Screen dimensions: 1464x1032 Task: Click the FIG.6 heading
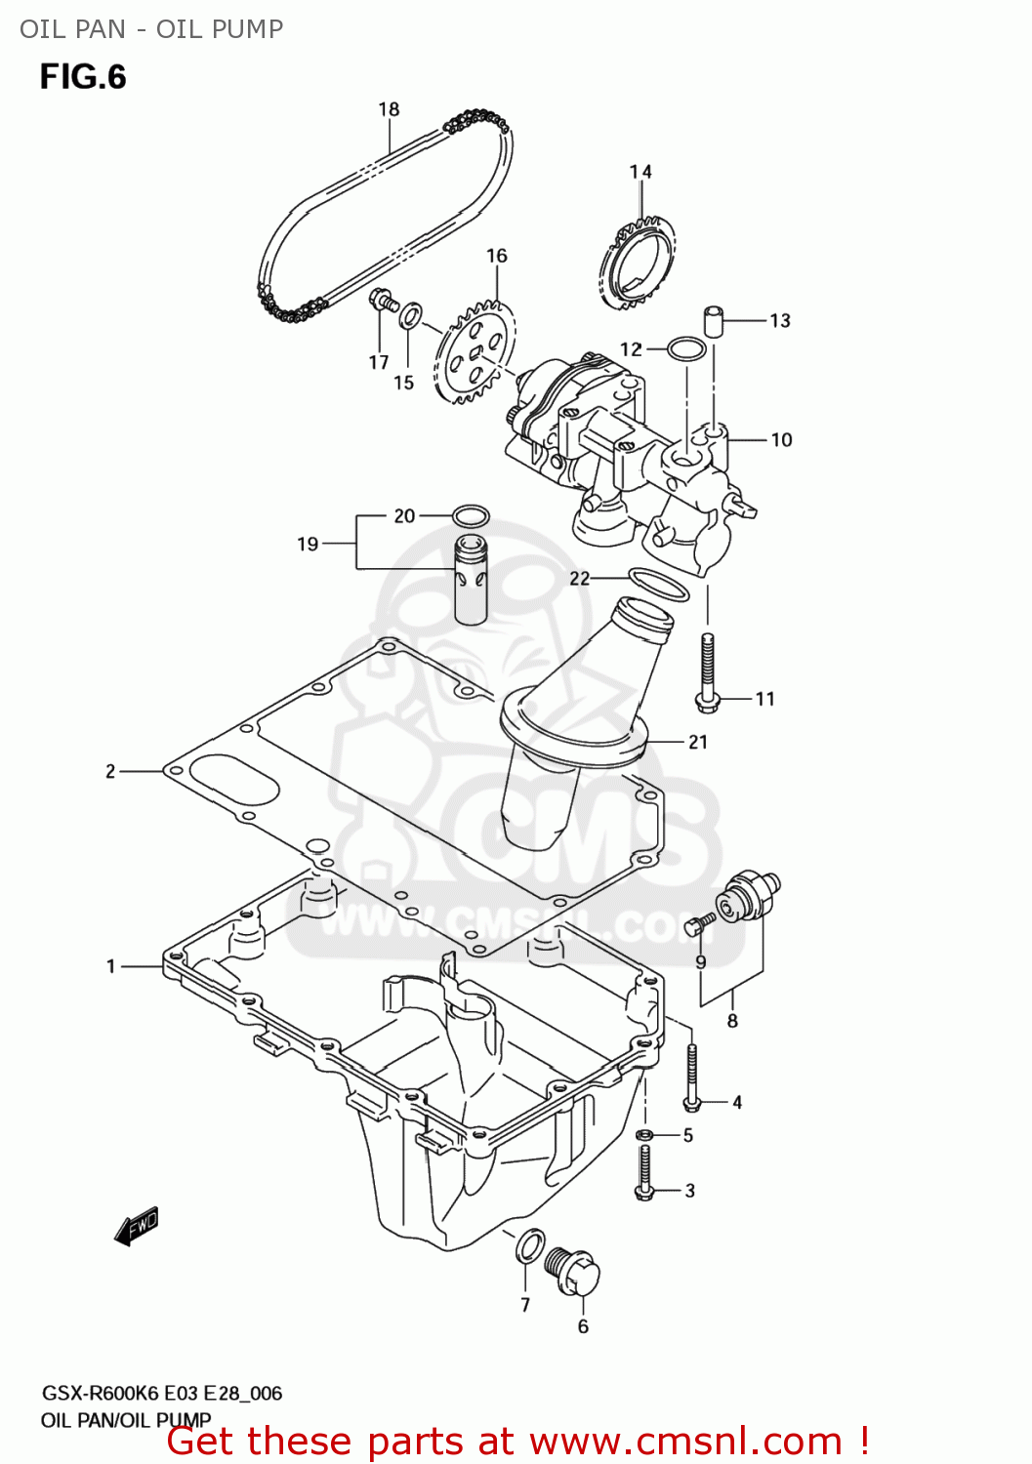(x=83, y=77)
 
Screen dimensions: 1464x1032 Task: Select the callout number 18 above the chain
(x=389, y=109)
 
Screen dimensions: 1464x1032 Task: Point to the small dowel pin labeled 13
(x=715, y=320)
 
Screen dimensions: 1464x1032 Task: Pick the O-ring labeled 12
(x=686, y=348)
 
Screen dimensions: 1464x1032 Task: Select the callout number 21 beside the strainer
(x=697, y=742)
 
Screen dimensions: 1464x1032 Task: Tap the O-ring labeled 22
(x=658, y=583)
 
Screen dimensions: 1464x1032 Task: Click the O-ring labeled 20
(x=471, y=515)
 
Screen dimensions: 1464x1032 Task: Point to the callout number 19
(x=308, y=544)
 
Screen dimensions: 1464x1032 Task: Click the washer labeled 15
(x=412, y=314)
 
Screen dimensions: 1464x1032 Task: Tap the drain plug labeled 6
(x=574, y=1272)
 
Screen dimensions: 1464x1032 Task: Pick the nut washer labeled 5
(x=644, y=1134)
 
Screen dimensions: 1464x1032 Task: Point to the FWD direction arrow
(x=137, y=1226)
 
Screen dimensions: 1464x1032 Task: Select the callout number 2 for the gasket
(x=110, y=771)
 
